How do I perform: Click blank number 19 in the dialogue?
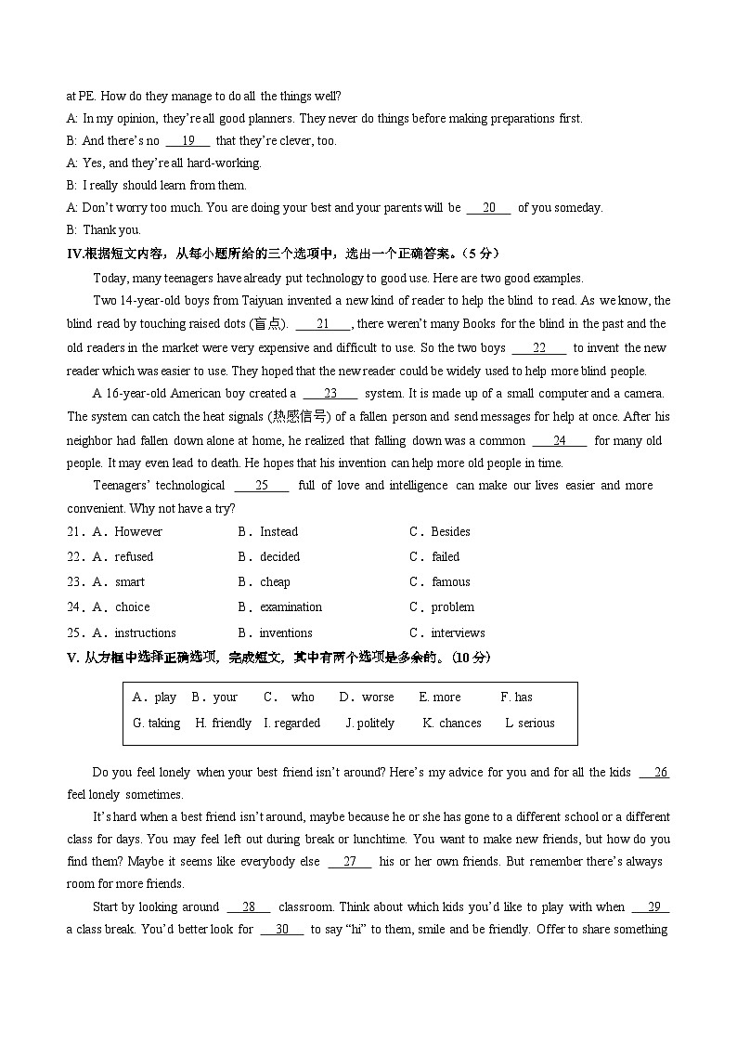(x=187, y=141)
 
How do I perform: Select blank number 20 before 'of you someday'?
(x=488, y=208)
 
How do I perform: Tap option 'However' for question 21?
(x=138, y=532)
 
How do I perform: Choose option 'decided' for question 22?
(x=279, y=557)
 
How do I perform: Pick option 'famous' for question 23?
(x=450, y=582)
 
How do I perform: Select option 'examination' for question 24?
(x=291, y=607)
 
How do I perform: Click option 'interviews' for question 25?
(x=458, y=633)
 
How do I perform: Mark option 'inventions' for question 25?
(x=286, y=633)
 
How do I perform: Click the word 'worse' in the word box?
(x=378, y=698)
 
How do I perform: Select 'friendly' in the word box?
(x=231, y=724)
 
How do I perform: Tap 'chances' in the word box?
(x=459, y=724)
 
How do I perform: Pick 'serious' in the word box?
(x=536, y=724)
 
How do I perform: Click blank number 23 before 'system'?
(x=330, y=394)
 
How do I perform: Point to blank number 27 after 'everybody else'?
(x=350, y=862)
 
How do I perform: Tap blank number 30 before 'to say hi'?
(x=282, y=930)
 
